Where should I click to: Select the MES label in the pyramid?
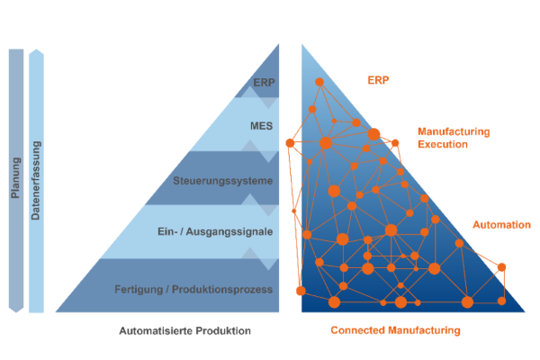(x=261, y=126)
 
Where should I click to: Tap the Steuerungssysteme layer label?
(x=222, y=182)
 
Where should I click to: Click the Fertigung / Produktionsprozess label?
(x=193, y=289)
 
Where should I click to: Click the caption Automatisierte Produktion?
(x=184, y=331)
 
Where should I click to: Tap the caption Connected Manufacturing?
(x=395, y=331)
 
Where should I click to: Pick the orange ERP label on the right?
(x=378, y=80)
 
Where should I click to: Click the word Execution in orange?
(x=443, y=144)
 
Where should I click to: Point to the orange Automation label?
(x=501, y=224)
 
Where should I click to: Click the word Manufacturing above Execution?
(x=454, y=131)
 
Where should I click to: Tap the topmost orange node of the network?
(x=319, y=82)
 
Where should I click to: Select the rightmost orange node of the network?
(x=502, y=266)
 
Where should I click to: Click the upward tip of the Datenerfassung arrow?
(x=36, y=50)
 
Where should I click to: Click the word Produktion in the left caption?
(x=223, y=331)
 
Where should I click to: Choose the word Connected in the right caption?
(x=359, y=331)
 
